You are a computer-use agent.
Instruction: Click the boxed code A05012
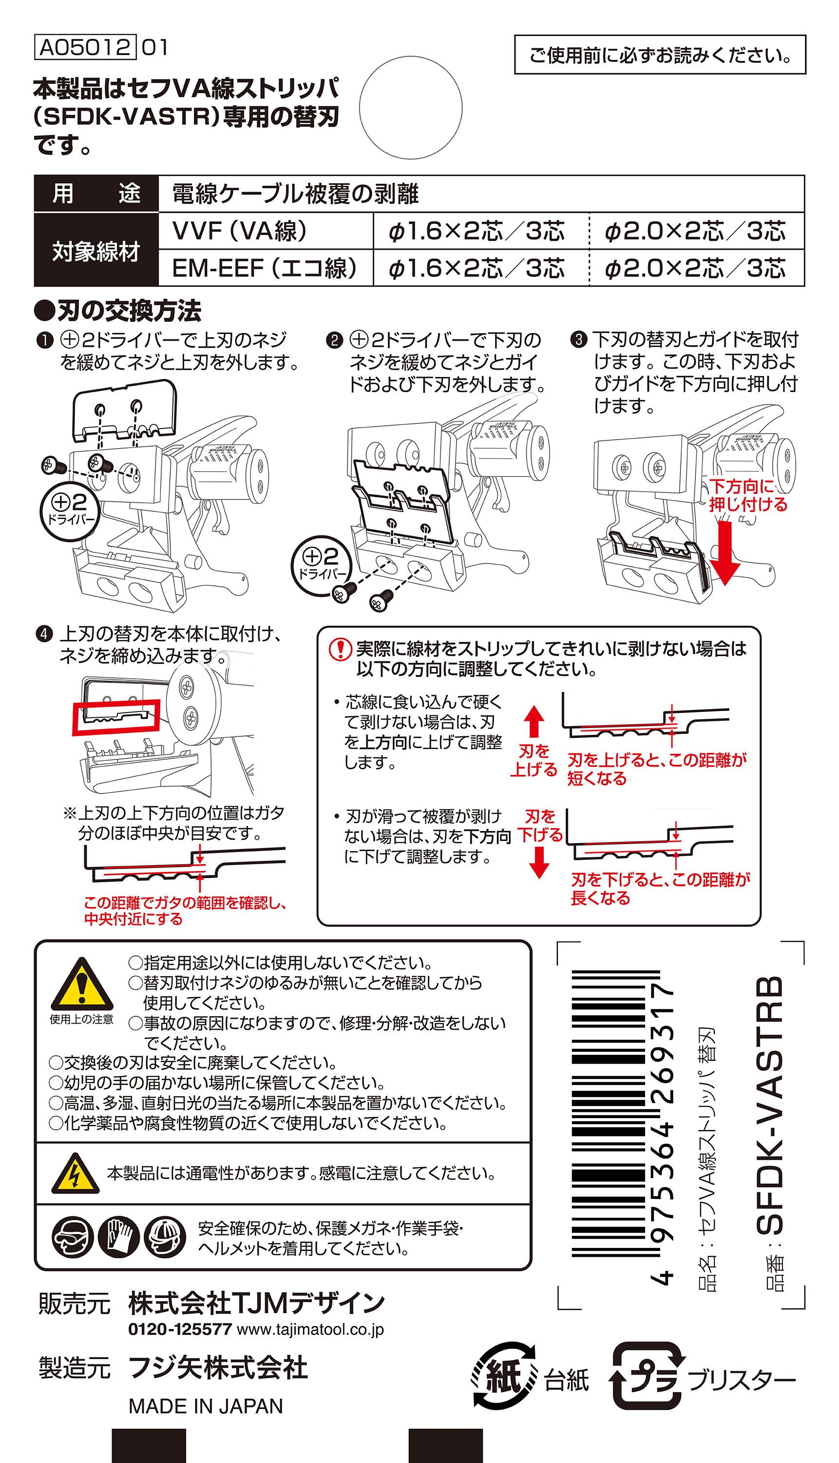click(x=85, y=47)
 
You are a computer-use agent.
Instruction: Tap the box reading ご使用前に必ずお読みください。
click(x=660, y=55)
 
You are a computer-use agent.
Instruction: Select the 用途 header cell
click(x=96, y=194)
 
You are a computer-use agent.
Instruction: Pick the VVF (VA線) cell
click(x=266, y=231)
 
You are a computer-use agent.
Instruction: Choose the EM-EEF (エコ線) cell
click(x=266, y=268)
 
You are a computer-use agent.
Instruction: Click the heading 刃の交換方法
click(x=117, y=311)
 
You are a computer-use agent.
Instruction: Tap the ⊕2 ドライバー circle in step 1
click(x=70, y=511)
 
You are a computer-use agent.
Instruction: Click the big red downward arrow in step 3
click(x=725, y=553)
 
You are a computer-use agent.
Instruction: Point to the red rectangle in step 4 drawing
click(x=116, y=717)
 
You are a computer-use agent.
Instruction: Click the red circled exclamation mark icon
click(x=340, y=649)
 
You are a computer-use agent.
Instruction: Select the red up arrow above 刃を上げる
click(x=534, y=721)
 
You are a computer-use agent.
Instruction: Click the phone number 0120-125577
click(x=180, y=1330)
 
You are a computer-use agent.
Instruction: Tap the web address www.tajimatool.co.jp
click(x=310, y=1330)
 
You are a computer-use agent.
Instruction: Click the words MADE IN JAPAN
click(x=206, y=1406)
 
